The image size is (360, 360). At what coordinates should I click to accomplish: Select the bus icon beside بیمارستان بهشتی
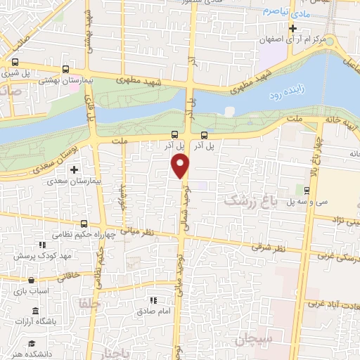[65, 70]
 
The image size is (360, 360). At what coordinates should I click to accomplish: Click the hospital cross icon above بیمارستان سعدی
[74, 169]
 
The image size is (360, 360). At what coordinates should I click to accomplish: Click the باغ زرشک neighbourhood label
[250, 201]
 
